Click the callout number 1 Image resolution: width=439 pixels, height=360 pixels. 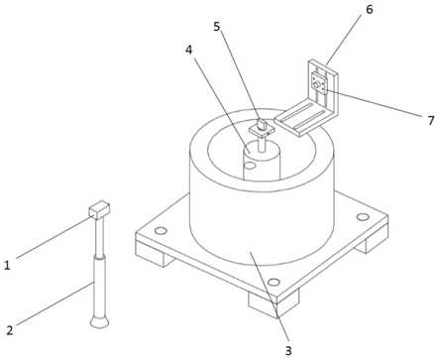click(7, 265)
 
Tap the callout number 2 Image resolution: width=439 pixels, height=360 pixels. click(10, 330)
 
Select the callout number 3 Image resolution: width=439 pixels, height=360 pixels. click(288, 351)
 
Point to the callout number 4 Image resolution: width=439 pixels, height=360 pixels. click(188, 50)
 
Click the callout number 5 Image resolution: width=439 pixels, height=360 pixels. click(216, 27)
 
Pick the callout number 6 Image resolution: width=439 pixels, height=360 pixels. click(369, 10)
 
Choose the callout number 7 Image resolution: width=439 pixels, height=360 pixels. click(430, 121)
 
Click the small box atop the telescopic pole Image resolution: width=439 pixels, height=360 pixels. click(99, 209)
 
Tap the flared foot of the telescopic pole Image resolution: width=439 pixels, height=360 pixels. click(99, 322)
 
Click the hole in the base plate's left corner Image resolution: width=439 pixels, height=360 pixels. click(161, 230)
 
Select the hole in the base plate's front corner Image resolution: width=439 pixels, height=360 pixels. click(274, 282)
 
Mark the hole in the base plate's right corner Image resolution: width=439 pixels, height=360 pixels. click(362, 217)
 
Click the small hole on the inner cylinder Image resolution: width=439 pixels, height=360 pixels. click(250, 165)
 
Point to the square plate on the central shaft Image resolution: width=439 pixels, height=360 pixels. click(263, 131)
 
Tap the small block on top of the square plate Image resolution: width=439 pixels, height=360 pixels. click(262, 125)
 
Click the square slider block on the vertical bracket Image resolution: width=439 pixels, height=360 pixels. click(319, 83)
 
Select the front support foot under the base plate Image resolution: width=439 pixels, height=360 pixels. click(274, 303)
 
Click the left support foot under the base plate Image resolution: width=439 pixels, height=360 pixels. click(156, 256)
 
